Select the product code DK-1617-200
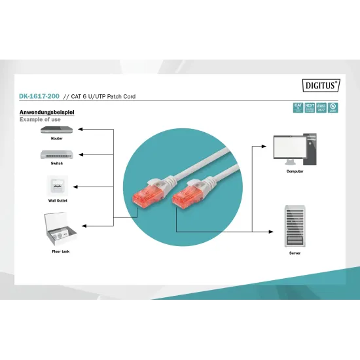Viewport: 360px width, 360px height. coord(39,96)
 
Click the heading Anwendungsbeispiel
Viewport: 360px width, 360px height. coord(47,113)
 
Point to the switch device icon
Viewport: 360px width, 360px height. coord(53,155)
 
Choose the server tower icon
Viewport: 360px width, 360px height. coord(295,226)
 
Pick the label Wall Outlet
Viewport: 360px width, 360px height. coord(57,200)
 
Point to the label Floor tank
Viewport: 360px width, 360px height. coord(61,251)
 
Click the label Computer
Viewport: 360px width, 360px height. coord(295,171)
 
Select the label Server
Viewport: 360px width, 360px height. coord(295,251)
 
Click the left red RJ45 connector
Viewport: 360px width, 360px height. coord(145,195)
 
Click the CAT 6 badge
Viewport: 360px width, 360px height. coord(298,108)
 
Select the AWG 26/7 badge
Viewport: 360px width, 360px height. coord(321,108)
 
